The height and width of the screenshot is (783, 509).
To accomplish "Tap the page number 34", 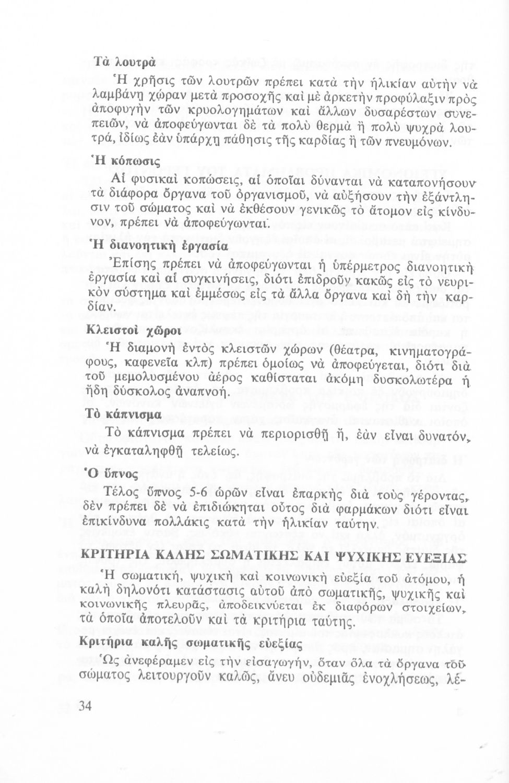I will (x=86, y=707).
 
